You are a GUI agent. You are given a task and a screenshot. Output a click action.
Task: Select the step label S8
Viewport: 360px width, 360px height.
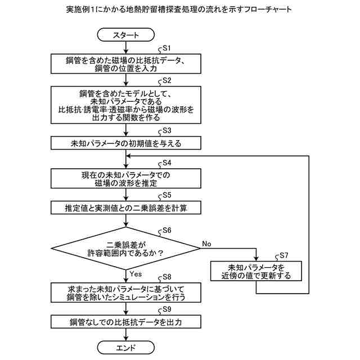point(167,277)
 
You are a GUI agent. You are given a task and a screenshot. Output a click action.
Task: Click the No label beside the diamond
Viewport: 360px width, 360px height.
point(206,244)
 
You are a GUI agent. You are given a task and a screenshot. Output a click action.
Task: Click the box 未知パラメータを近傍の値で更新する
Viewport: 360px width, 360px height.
point(256,271)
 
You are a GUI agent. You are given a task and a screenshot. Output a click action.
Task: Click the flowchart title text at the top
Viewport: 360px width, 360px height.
point(180,10)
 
